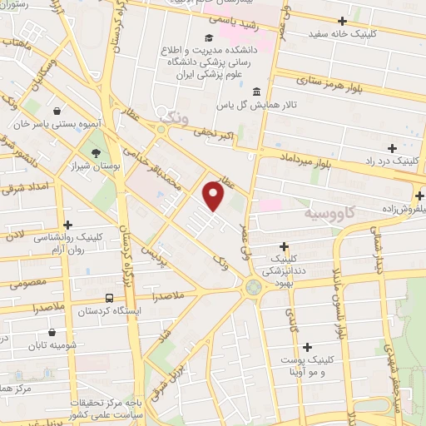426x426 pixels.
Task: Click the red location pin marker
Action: tap(214, 195)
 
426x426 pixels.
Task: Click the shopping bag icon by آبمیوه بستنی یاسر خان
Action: tap(55, 110)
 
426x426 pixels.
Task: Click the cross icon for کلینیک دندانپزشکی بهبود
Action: tap(285, 246)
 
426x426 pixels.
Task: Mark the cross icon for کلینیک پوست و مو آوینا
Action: tap(307, 346)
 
